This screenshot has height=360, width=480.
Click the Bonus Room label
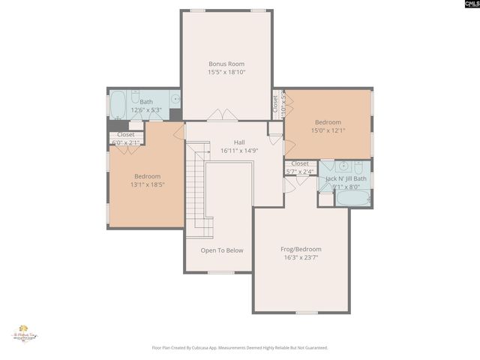(x=226, y=64)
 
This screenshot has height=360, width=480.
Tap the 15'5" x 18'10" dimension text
(x=226, y=73)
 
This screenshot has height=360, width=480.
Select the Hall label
(x=239, y=142)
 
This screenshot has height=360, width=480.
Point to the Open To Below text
(x=222, y=250)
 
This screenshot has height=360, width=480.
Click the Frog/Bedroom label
(x=302, y=249)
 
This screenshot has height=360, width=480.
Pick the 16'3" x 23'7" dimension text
(x=302, y=258)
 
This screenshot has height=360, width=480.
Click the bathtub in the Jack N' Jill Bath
(x=352, y=198)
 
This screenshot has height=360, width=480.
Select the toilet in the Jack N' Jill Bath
(x=358, y=166)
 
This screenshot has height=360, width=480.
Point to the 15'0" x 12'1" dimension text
(x=328, y=131)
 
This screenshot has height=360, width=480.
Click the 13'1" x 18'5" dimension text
(x=148, y=185)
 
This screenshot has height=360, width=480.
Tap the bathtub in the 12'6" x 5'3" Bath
(x=119, y=105)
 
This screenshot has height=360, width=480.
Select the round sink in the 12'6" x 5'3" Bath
(x=175, y=97)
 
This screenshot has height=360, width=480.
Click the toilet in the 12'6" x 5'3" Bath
(x=136, y=97)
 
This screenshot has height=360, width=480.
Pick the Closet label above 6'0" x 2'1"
(x=125, y=135)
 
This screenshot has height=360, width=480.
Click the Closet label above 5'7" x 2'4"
(x=299, y=163)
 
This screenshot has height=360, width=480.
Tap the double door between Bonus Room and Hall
(x=223, y=115)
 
